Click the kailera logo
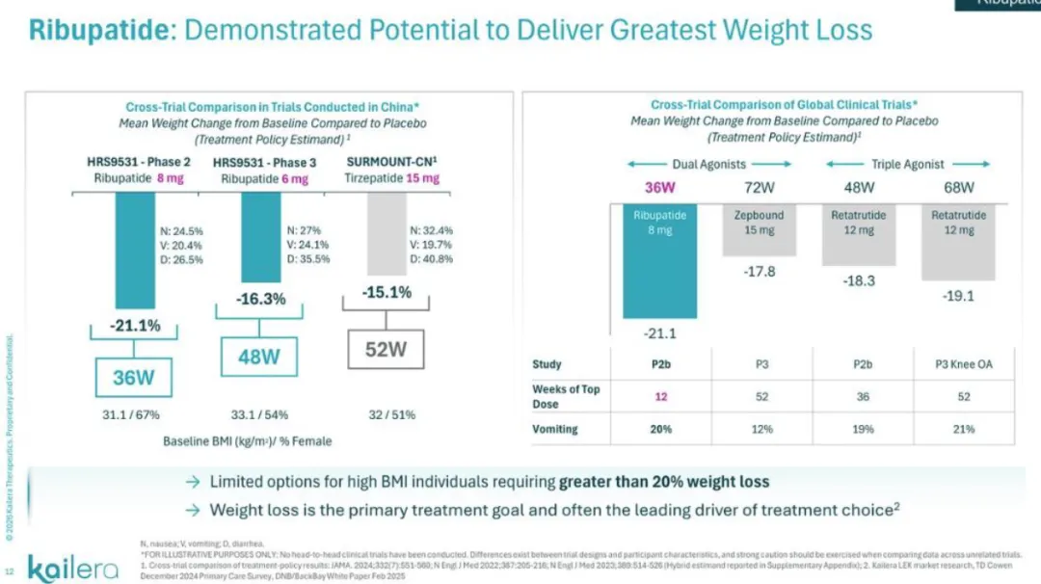tap(73, 567)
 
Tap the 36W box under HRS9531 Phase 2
tap(133, 377)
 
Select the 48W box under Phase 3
tap(258, 357)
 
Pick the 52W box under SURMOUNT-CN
tap(386, 349)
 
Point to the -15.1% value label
tap(387, 291)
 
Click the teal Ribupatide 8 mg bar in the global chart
tap(659, 260)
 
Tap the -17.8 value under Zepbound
tap(760, 272)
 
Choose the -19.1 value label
tap(959, 296)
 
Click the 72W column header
tap(761, 187)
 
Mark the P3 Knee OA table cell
tap(963, 364)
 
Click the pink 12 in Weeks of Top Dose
tap(660, 396)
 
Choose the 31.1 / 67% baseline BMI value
tap(130, 415)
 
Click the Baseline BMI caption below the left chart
tap(247, 441)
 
